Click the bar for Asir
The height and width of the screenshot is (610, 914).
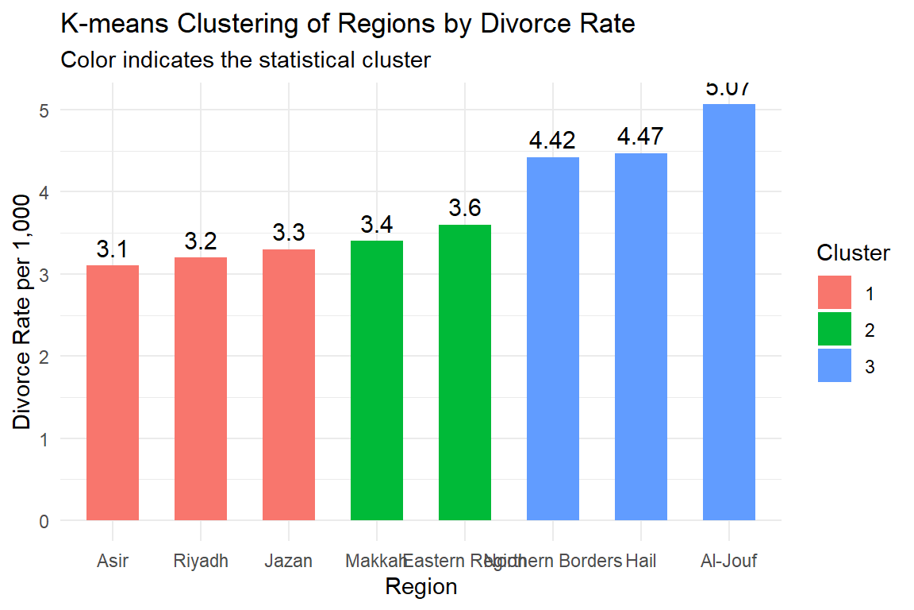point(113,393)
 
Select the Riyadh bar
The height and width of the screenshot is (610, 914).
point(201,389)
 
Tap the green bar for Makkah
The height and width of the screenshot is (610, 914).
point(377,380)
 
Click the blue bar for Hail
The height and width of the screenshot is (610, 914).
point(641,337)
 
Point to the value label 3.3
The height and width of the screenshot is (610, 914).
point(289,234)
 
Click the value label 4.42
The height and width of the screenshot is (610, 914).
point(553,141)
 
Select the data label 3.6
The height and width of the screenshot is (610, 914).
point(465,209)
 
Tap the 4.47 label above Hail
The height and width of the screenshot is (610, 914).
point(641,137)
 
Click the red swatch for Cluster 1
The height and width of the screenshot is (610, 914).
point(835,293)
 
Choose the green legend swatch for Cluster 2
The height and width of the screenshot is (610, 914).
point(835,330)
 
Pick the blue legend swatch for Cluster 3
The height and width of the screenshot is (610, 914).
point(835,366)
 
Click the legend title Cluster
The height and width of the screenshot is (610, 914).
point(854,253)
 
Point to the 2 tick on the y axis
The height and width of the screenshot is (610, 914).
point(45,357)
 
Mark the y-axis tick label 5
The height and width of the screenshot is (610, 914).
point(45,110)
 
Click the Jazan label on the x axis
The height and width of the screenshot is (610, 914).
point(289,562)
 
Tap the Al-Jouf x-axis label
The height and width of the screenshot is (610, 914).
point(729,562)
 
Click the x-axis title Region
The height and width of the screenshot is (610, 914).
point(421,587)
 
